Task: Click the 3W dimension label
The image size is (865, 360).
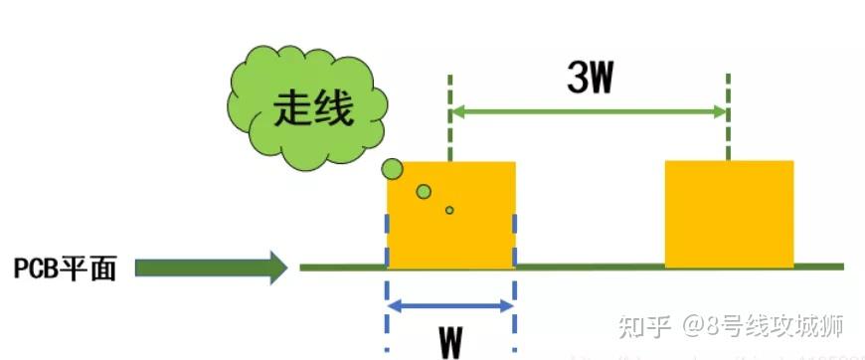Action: pos(591,78)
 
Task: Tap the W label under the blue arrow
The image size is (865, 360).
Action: pos(450,341)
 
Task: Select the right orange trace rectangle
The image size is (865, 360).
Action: pos(729,214)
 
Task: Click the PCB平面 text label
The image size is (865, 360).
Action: pos(65,268)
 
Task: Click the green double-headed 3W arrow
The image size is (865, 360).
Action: pos(590,112)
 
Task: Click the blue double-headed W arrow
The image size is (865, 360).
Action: pos(450,305)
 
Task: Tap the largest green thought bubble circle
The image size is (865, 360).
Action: pos(393,169)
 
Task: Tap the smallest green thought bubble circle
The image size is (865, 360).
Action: pos(449,210)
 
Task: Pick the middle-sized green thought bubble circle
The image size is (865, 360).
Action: pos(425,191)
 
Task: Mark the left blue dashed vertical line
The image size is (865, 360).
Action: pos(387,298)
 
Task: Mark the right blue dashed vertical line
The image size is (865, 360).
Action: pos(514,298)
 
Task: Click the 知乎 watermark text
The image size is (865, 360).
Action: pos(642,325)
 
